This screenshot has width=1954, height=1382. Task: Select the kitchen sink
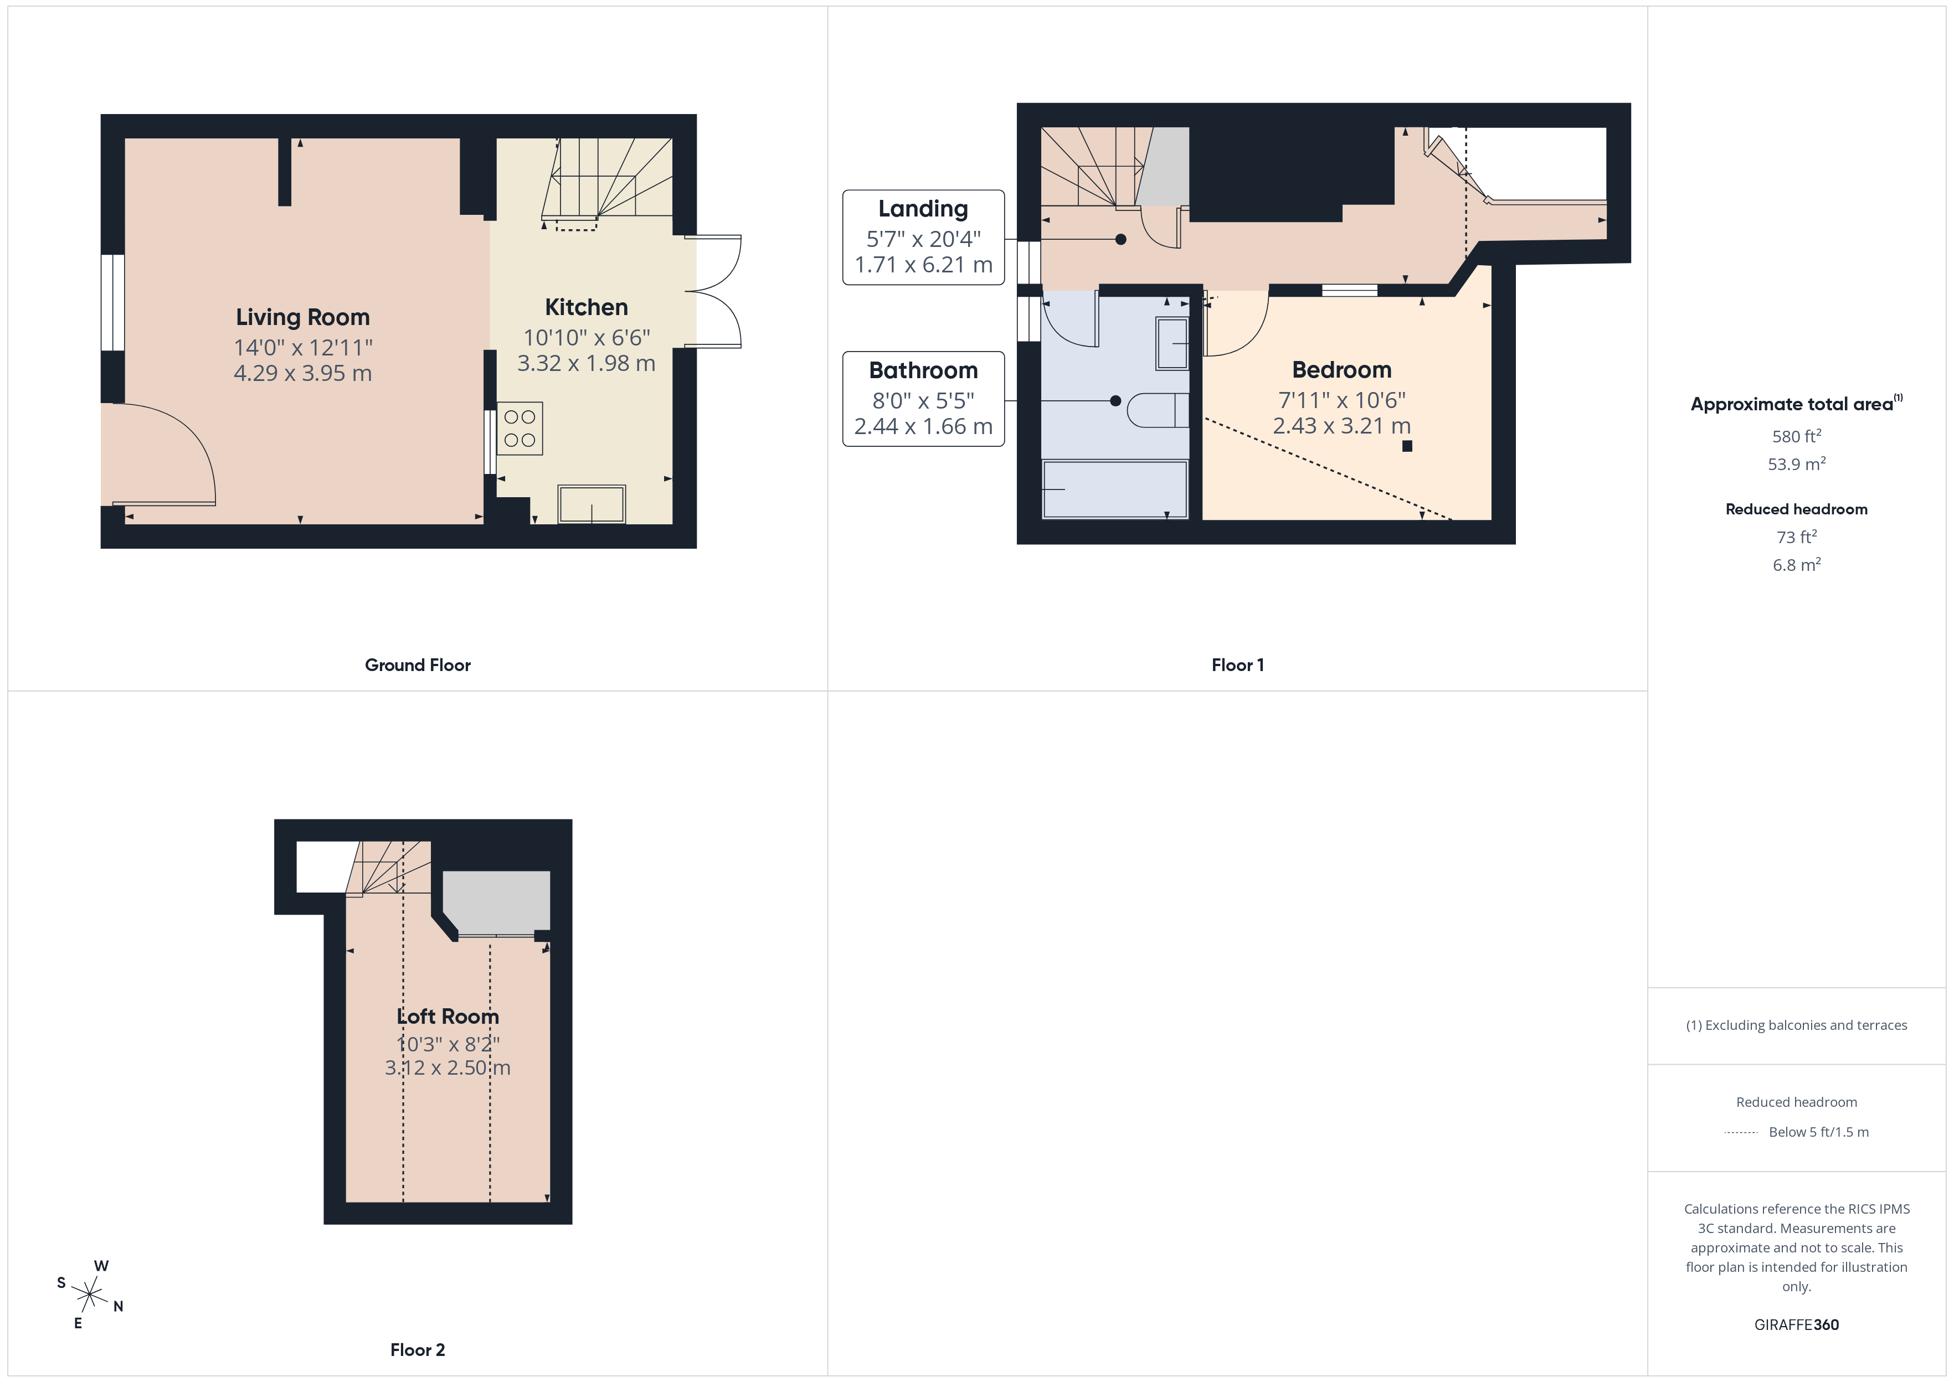(x=592, y=504)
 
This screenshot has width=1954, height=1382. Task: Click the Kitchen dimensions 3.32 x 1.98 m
(x=587, y=363)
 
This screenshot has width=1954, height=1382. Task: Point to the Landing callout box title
(x=923, y=209)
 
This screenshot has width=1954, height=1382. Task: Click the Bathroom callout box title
(x=923, y=370)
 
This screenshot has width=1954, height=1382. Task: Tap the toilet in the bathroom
(x=1158, y=410)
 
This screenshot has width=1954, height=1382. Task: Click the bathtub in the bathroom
(x=1115, y=489)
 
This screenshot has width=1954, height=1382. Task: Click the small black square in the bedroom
(x=1407, y=446)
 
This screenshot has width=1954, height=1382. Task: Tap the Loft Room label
(x=448, y=1016)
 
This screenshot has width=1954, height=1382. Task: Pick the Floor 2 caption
(x=417, y=1350)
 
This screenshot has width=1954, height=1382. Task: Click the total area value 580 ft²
(x=1796, y=436)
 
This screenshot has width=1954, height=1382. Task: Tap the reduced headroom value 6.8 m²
(x=1796, y=565)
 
